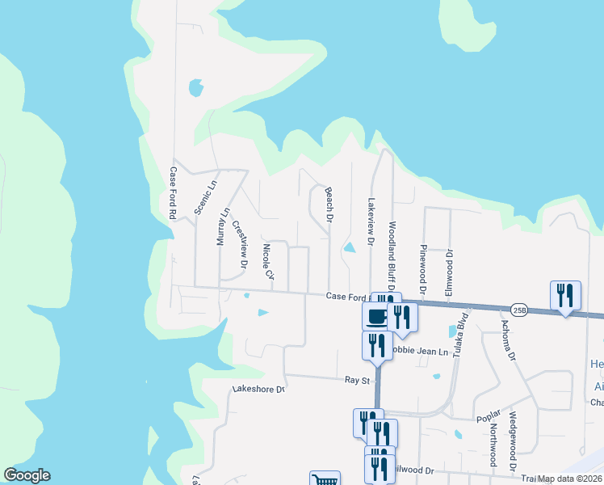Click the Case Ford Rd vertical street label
tap(172, 194)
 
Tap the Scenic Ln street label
tap(206, 196)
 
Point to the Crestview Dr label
tap(238, 244)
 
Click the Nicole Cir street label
tap(269, 262)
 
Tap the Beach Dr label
tap(329, 205)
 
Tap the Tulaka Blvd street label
tap(461, 335)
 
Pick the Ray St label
tap(356, 379)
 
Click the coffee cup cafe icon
tap(377, 316)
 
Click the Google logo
tap(27, 475)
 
